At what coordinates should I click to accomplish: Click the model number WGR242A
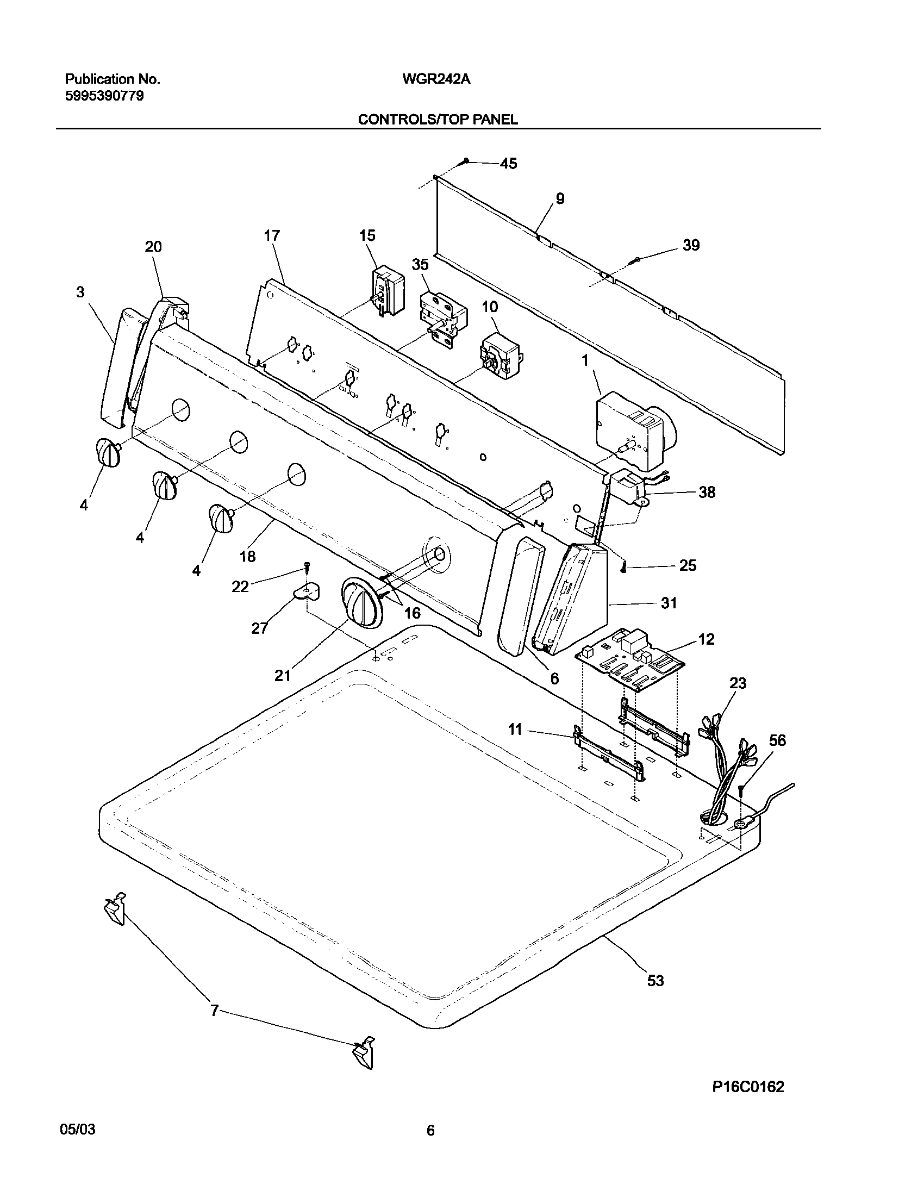[x=436, y=79]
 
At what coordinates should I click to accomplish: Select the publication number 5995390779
[x=104, y=97]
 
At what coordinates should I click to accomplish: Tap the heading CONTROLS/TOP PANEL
[x=438, y=120]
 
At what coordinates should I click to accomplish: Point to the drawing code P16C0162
[x=748, y=1087]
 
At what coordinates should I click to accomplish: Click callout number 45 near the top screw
[x=508, y=163]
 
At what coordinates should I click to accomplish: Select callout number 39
[x=691, y=245]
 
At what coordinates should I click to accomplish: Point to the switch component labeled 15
[x=388, y=294]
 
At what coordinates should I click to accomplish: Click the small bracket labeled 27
[x=307, y=592]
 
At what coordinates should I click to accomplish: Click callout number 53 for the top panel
[x=655, y=980]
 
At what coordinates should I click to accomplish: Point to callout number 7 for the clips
[x=214, y=1011]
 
